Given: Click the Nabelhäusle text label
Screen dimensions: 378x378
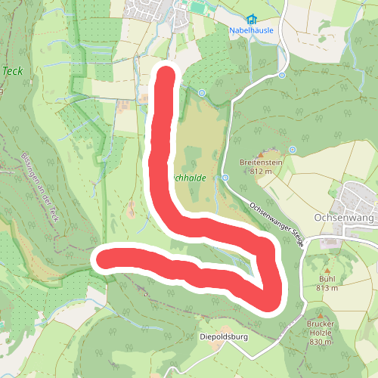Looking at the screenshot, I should click(x=251, y=30).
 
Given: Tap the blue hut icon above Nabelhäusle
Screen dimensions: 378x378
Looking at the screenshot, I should click(x=251, y=19).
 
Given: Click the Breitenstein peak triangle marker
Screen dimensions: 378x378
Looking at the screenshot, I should click(x=263, y=153).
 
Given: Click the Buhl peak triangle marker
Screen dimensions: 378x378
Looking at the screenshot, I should click(x=327, y=270).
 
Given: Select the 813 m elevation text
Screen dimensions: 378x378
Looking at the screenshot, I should click(x=327, y=287).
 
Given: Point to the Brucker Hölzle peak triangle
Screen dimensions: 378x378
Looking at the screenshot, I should click(x=320, y=316).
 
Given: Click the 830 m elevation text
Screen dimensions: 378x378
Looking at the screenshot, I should click(x=320, y=342).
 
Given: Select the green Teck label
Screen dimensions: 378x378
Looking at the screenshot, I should click(x=11, y=70).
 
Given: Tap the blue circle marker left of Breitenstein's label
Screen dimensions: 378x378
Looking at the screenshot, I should click(x=225, y=178).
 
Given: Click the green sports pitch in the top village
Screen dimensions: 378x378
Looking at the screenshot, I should click(x=197, y=8).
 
